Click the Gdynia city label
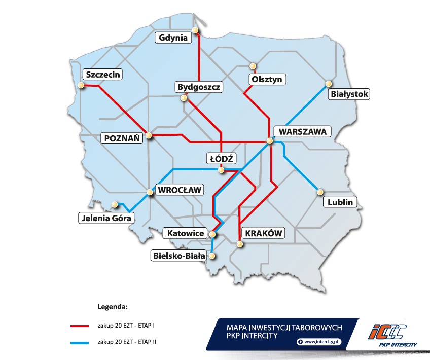[x=173, y=38]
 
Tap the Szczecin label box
[x=103, y=75]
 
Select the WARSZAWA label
[x=302, y=132]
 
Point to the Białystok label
[x=349, y=94]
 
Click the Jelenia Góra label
[x=106, y=219]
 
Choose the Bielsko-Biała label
[x=178, y=256]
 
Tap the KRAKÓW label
[x=263, y=233]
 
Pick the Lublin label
[x=340, y=202]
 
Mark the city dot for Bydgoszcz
[x=183, y=99]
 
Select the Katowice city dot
[x=213, y=234]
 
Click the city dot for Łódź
[x=222, y=170]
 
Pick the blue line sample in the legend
[x=81, y=343]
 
